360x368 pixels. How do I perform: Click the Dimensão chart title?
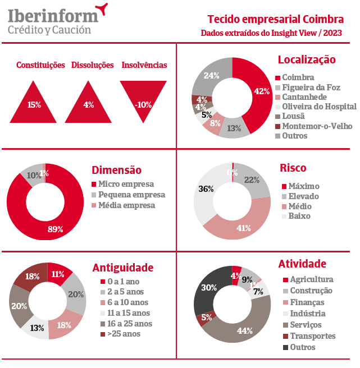[x=116, y=170]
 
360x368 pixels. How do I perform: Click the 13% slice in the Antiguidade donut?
[x=38, y=328]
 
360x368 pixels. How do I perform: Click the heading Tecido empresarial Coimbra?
[x=275, y=20]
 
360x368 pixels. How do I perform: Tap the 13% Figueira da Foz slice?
[x=230, y=128]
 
